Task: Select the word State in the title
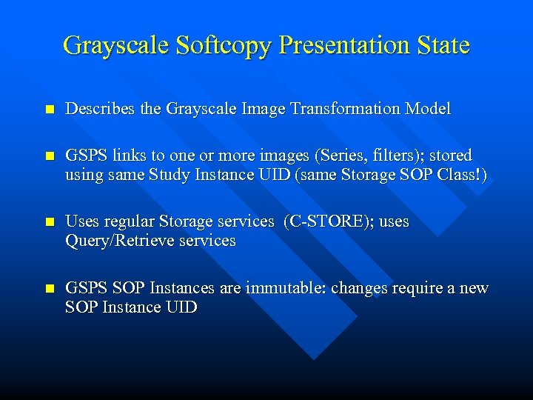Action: pyautogui.click(x=443, y=45)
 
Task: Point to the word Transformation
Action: pyautogui.click(x=346, y=109)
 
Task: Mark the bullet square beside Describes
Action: pyautogui.click(x=49, y=110)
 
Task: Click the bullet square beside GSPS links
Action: pyautogui.click(x=49, y=156)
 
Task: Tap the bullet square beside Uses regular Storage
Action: pyautogui.click(x=49, y=222)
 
